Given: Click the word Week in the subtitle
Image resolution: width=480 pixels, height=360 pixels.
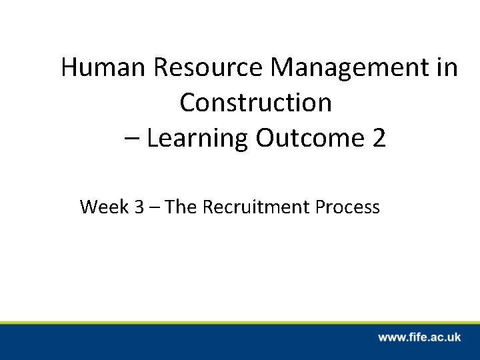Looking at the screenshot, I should pos(102,207).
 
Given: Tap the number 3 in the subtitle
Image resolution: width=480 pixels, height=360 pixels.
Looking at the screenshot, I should pos(138,207).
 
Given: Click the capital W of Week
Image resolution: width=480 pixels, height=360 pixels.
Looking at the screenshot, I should pos(88,207).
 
